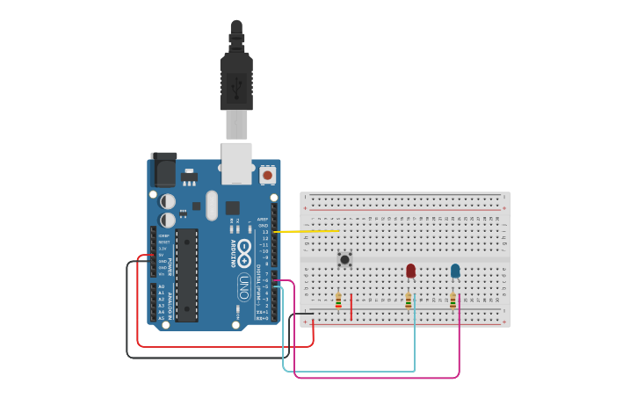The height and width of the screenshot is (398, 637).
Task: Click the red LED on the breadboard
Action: pyautogui.click(x=410, y=271)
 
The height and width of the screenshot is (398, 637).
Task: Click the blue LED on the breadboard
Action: pyautogui.click(x=455, y=271)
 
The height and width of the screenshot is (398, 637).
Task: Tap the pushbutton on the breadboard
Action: pyautogui.click(x=344, y=259)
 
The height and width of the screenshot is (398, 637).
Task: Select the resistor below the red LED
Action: pyautogui.click(x=408, y=301)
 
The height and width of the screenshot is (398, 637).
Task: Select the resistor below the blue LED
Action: pyautogui.click(x=452, y=301)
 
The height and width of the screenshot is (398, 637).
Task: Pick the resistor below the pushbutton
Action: pyautogui.click(x=338, y=301)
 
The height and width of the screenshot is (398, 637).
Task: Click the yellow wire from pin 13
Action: pyautogui.click(x=308, y=231)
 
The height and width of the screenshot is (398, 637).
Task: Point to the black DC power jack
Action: pyautogui.click(x=163, y=169)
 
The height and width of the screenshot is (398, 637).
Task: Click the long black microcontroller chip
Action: pyautogui.click(x=186, y=275)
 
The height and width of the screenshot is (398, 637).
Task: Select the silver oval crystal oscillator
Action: pyautogui.click(x=212, y=206)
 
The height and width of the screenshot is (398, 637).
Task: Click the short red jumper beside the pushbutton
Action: pyautogui.click(x=351, y=307)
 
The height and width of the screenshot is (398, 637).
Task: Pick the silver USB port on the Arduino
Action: pyautogui.click(x=236, y=163)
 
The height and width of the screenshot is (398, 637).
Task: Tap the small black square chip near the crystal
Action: pyautogui.click(x=232, y=208)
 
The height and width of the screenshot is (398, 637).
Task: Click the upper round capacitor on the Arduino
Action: pyautogui.click(x=168, y=201)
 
